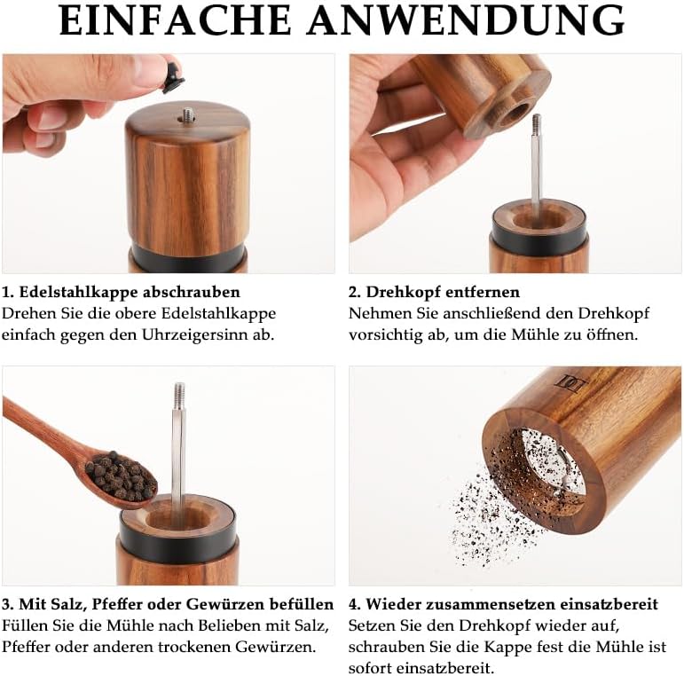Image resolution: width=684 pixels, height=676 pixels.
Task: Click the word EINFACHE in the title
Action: click(175, 20)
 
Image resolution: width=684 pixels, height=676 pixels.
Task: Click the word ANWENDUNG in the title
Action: click(466, 20)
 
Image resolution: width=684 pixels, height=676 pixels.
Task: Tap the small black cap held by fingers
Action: click(174, 78)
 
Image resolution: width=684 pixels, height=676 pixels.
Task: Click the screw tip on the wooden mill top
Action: click(188, 115)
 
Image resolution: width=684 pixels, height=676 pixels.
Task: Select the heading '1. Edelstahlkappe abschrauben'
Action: click(121, 292)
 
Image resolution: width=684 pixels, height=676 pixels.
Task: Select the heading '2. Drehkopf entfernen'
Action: click(434, 292)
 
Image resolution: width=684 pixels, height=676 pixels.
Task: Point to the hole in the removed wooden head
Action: click(515, 114)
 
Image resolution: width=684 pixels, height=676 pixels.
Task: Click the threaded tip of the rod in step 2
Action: click(536, 124)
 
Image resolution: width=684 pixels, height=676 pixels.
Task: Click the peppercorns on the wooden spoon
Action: click(121, 476)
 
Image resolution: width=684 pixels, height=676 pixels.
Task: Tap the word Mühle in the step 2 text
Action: click(529, 335)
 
